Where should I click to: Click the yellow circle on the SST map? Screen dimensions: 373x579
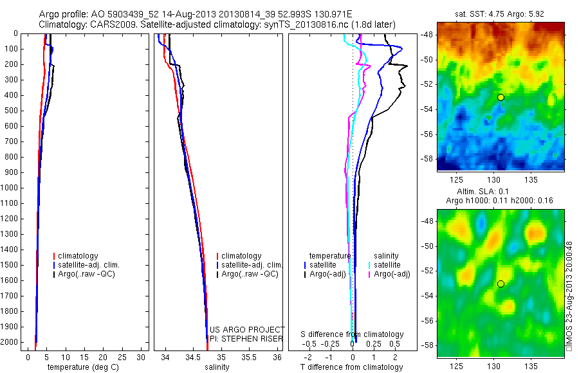click(501, 97)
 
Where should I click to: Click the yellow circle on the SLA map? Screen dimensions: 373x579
click(501, 284)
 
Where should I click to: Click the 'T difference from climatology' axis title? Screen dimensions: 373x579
click(351, 367)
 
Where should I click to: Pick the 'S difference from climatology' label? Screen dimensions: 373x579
click(352, 334)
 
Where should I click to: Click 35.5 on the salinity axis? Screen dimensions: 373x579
click(248, 357)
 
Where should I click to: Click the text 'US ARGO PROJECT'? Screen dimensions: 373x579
click(247, 330)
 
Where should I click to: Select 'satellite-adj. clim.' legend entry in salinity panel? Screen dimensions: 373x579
click(252, 265)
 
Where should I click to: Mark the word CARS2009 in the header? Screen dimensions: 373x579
click(104, 24)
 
